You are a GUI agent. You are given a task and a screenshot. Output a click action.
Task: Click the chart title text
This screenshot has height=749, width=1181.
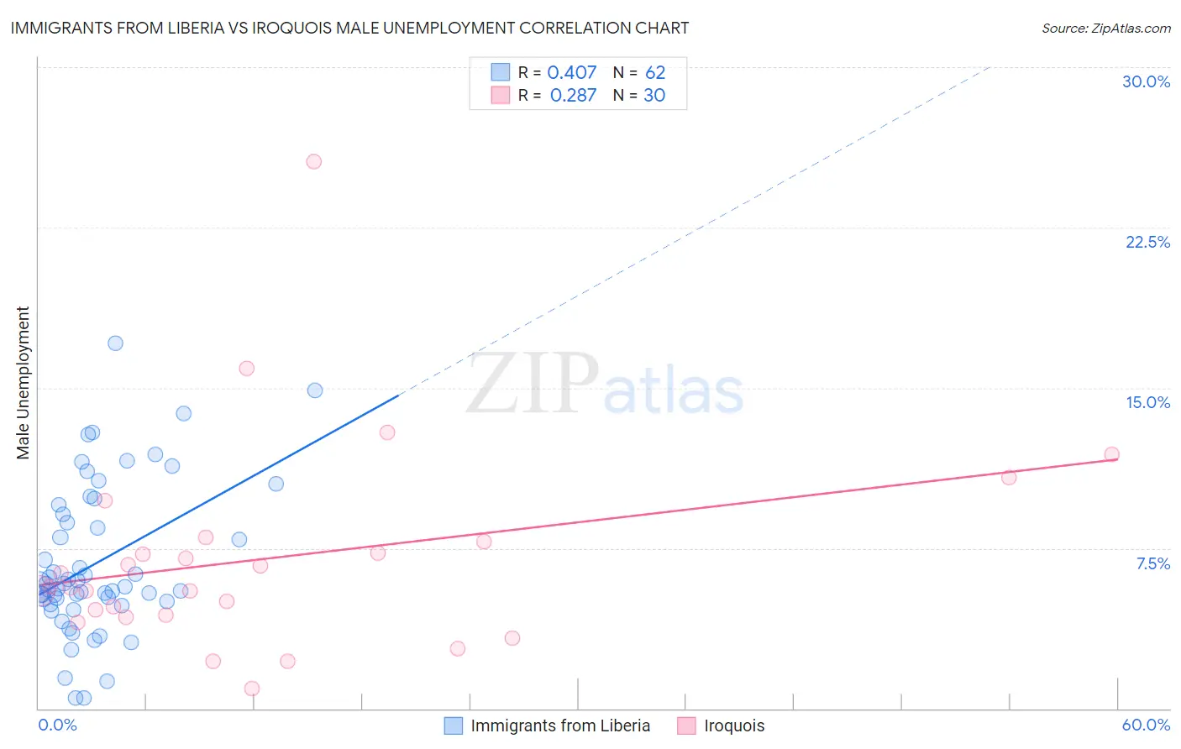(349, 28)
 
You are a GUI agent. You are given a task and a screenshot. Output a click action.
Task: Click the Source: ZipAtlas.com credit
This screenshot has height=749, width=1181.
(1105, 29)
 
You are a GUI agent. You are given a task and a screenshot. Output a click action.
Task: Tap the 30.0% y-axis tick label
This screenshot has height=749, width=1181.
(1146, 81)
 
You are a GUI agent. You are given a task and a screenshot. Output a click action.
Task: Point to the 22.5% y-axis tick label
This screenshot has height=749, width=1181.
(1147, 242)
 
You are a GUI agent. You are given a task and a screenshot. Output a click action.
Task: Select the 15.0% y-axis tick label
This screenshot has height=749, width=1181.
(1147, 402)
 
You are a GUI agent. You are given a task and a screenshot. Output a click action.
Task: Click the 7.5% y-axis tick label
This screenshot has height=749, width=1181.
(1152, 563)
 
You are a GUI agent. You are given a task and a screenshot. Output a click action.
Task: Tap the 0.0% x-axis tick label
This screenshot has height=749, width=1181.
(57, 725)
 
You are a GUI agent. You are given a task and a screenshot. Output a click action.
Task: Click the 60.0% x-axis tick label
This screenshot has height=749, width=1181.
(1146, 725)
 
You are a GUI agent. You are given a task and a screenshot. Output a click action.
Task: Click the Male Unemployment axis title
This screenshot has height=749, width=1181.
(24, 383)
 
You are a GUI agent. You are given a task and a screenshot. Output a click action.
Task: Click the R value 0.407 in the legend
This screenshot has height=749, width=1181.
(571, 73)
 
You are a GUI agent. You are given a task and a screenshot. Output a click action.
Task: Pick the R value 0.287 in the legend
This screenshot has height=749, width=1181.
(573, 96)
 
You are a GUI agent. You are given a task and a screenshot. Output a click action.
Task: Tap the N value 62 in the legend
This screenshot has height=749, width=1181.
(655, 73)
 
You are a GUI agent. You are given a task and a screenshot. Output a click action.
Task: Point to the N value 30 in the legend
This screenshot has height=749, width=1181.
(654, 96)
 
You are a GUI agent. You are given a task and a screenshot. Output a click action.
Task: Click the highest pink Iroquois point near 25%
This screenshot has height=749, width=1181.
(313, 161)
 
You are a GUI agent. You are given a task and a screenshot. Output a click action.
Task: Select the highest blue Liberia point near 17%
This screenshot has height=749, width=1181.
(115, 343)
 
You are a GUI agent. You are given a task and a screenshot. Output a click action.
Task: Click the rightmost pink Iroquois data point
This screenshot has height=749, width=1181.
(1111, 454)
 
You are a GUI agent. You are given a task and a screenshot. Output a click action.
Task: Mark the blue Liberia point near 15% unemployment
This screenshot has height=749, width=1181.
(315, 390)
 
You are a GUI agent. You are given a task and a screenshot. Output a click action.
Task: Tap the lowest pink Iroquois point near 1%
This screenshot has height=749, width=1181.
(252, 689)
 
